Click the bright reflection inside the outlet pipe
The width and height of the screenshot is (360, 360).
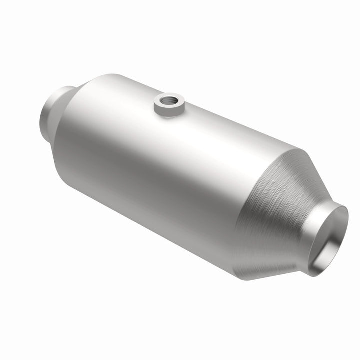point(337,225)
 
